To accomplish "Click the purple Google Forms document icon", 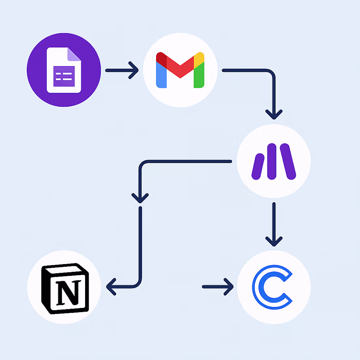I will pyautogui.click(x=64, y=70).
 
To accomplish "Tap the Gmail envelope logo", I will pyautogui.click(x=180, y=70).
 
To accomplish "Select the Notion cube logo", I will pyautogui.click(x=65, y=288).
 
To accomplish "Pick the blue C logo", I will pyautogui.click(x=272, y=287).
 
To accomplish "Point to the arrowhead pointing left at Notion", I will pyautogui.click(x=111, y=287).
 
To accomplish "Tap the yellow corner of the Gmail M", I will pyautogui.click(x=199, y=59).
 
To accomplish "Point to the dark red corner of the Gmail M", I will pyautogui.click(x=161, y=59).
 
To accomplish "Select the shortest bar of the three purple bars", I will pyautogui.click(x=258, y=167).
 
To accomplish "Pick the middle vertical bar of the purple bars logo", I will pyautogui.click(x=272, y=161).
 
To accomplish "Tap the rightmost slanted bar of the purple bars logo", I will pyautogui.click(x=288, y=161).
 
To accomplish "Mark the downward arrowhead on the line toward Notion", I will pyautogui.click(x=140, y=198).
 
